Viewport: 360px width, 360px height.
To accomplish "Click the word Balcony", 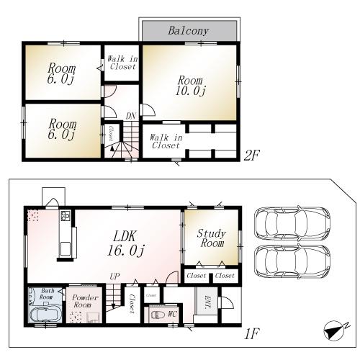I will [188, 31].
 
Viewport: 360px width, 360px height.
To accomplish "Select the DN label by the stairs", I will [130, 115].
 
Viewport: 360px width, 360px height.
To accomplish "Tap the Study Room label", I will [211, 238].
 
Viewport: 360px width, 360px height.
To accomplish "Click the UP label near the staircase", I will [114, 276].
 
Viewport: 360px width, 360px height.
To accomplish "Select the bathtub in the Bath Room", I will [45, 312].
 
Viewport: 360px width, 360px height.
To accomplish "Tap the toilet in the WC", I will [156, 314].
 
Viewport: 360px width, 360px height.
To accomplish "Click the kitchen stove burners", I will [65, 215].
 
